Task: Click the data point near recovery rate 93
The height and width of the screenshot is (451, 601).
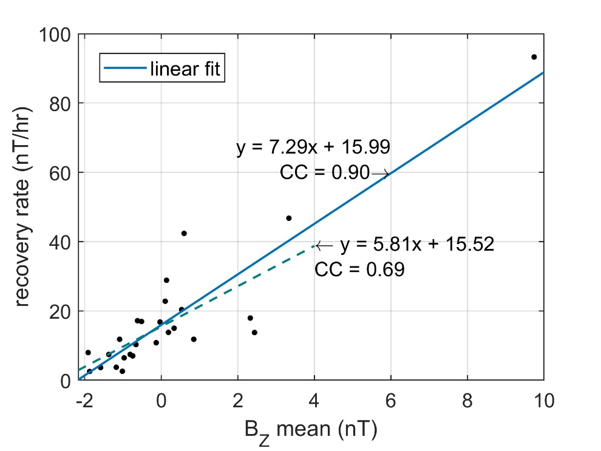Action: tap(534, 57)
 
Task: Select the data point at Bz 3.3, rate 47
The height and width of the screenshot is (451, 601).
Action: tap(289, 218)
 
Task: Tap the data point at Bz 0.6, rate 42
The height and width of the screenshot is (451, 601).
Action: tap(184, 233)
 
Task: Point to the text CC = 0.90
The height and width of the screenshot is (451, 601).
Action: tap(324, 174)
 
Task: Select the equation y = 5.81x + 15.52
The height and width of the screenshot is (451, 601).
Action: tap(417, 245)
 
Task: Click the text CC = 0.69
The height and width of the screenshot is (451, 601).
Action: tap(359, 270)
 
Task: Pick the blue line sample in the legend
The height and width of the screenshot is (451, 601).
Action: tap(126, 69)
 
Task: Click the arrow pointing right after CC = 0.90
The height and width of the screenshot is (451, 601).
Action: tap(380, 174)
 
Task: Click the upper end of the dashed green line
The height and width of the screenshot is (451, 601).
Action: tap(314, 245)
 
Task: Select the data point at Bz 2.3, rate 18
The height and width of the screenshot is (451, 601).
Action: tap(250, 318)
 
